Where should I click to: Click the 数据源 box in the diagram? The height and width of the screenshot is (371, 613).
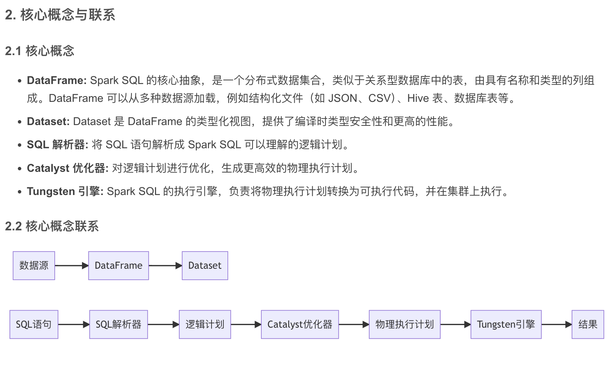34,266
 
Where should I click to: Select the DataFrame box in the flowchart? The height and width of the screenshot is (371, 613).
118,266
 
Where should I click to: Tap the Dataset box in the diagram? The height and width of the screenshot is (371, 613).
205,266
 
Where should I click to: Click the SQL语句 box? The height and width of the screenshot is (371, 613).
34,325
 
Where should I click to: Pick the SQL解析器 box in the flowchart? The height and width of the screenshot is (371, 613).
118,325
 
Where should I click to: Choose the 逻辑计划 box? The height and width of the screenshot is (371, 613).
205,325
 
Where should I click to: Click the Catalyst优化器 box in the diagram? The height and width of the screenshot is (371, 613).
300,325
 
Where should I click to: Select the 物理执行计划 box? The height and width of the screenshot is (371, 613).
404,325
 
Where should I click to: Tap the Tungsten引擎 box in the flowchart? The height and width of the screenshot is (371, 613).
506,325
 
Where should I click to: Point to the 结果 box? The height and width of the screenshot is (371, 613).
588,325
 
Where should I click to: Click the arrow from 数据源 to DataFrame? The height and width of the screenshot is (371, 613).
71,266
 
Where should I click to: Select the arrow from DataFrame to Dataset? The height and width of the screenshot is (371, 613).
165,266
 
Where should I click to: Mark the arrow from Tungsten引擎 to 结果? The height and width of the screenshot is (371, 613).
556,325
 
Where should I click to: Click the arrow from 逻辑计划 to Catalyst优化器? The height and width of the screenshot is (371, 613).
246,325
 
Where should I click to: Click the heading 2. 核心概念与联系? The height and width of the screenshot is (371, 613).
60,15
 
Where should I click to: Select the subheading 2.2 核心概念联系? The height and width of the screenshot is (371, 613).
52,226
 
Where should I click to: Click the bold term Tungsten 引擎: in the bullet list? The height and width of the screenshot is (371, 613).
65,191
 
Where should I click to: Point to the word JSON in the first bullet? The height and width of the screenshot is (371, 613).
342,98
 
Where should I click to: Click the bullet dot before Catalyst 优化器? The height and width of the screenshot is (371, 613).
19,168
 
